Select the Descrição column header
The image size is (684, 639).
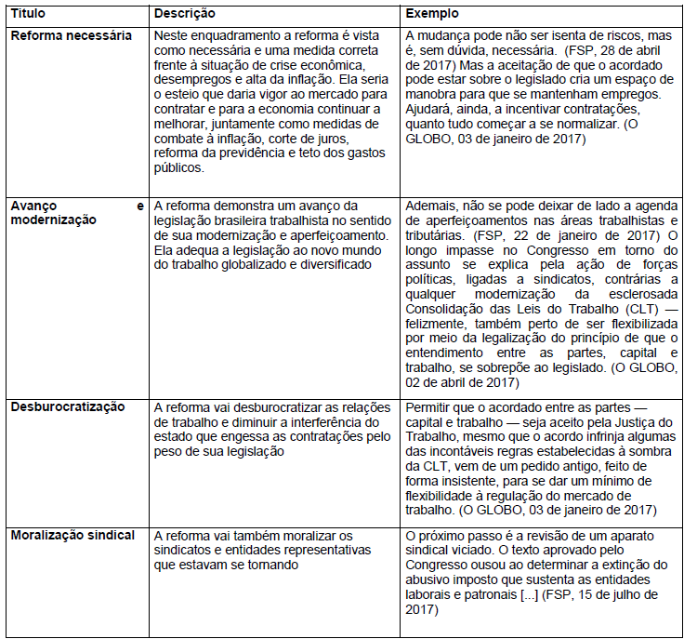pos(184,14)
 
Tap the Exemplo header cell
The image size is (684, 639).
pos(432,14)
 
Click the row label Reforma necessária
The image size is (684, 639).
pos(70,34)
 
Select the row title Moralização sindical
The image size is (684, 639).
pos(72,535)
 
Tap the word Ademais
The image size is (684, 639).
pos(433,206)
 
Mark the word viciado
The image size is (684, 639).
pos(478,551)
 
